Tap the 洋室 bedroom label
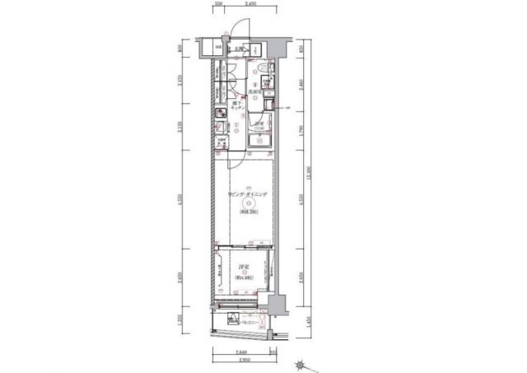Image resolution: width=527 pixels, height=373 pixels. pyautogui.click(x=244, y=268)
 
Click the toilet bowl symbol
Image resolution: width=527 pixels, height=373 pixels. pyautogui.click(x=261, y=70)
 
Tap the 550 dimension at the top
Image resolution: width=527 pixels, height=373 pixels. pyautogui.click(x=219, y=4)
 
